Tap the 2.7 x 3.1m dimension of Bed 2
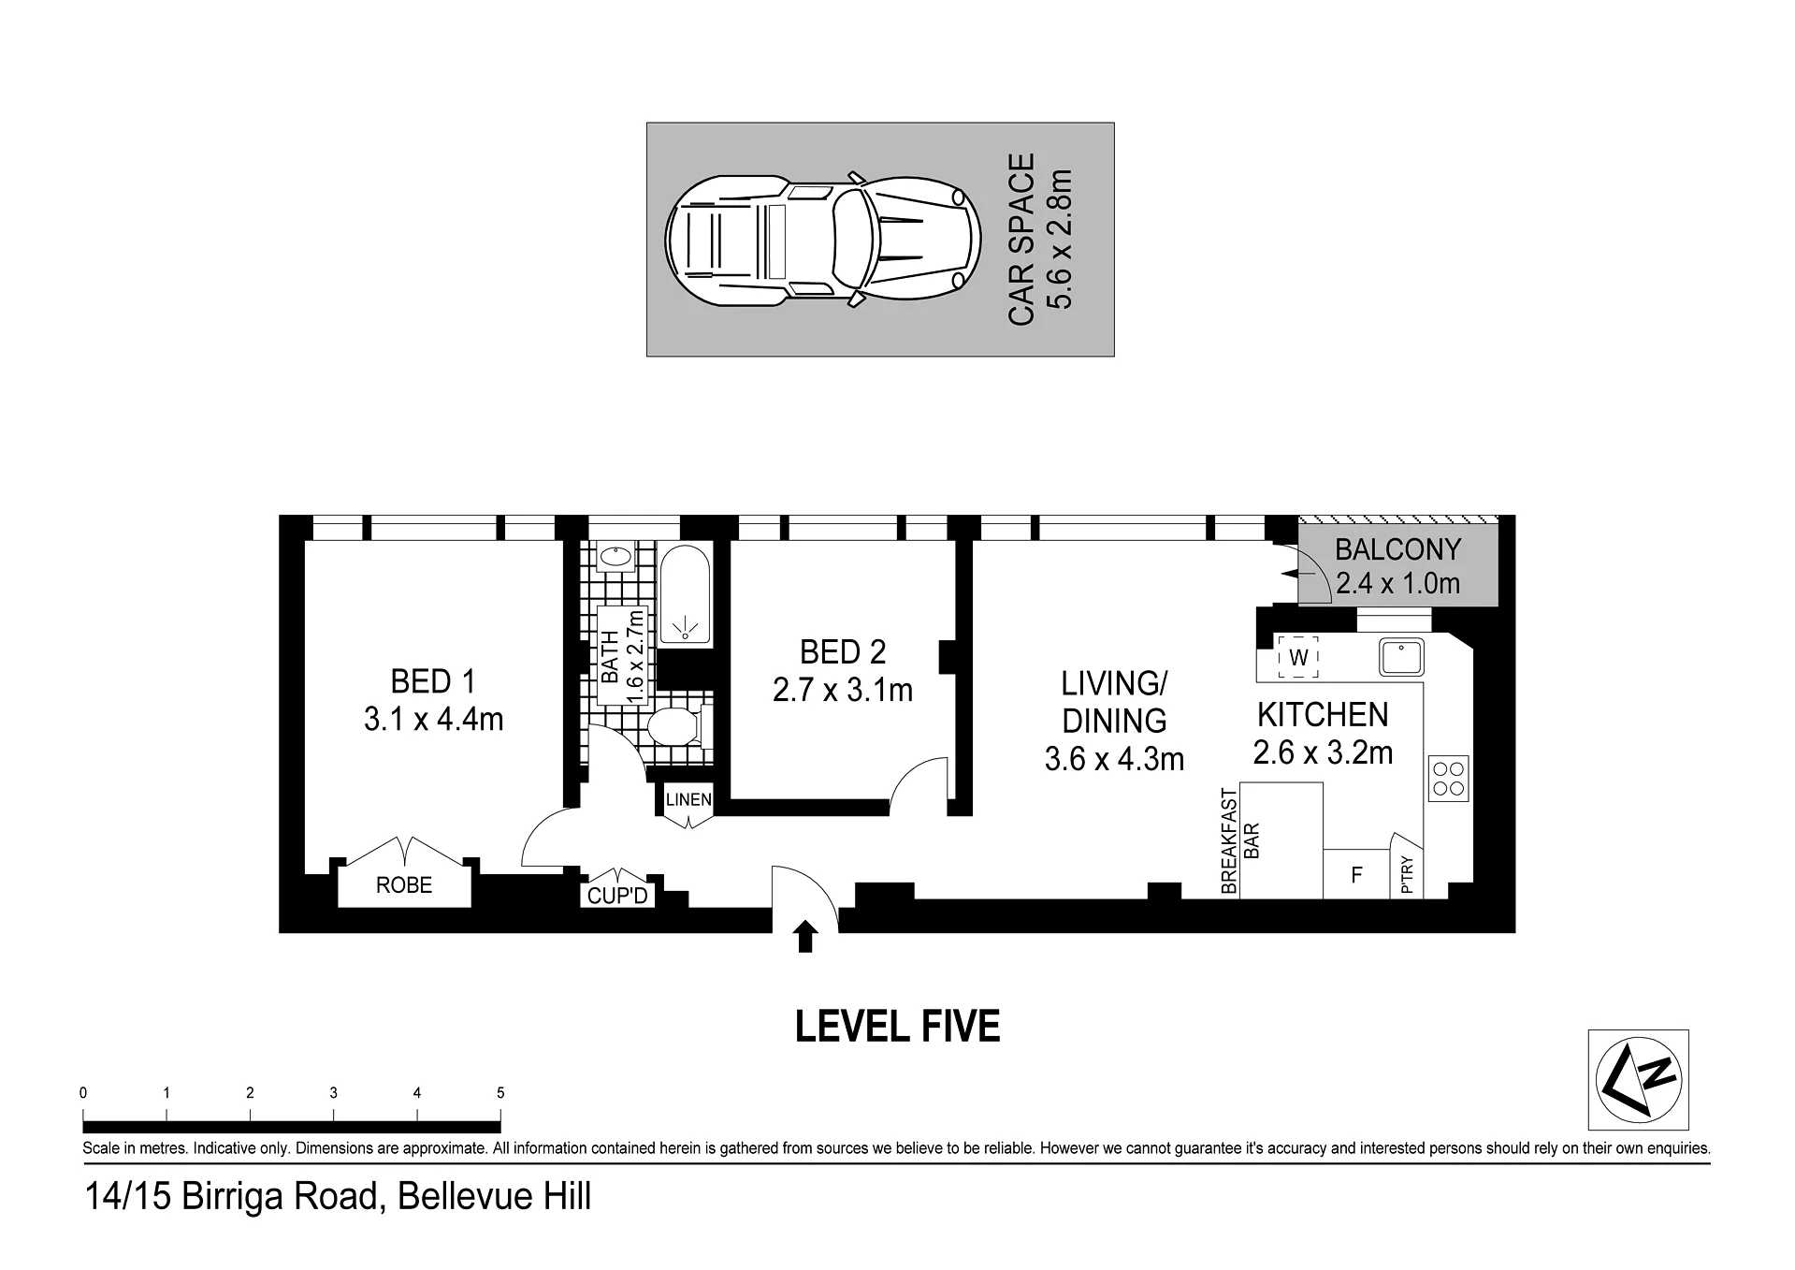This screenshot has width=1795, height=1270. (x=843, y=691)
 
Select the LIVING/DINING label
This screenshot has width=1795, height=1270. (x=1114, y=702)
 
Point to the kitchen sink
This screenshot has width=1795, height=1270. (x=1400, y=657)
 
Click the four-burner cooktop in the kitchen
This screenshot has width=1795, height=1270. (x=1448, y=779)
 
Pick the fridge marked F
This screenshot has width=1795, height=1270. (x=1356, y=874)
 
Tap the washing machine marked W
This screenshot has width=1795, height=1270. (x=1298, y=657)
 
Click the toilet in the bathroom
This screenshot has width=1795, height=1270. (x=678, y=727)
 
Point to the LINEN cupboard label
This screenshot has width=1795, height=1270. (x=688, y=800)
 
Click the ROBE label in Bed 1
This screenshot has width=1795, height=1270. (x=404, y=884)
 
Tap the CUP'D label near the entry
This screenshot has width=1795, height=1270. (x=617, y=897)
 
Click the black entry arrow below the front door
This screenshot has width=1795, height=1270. (x=804, y=937)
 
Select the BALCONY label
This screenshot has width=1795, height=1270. (x=1397, y=549)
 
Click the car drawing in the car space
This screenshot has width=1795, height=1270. (x=823, y=240)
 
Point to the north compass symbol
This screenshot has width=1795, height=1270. (x=1638, y=1079)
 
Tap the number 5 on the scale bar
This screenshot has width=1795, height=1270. (x=500, y=1092)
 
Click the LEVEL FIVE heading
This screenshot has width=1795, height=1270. (x=897, y=1027)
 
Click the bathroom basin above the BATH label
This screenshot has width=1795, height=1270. (x=615, y=559)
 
